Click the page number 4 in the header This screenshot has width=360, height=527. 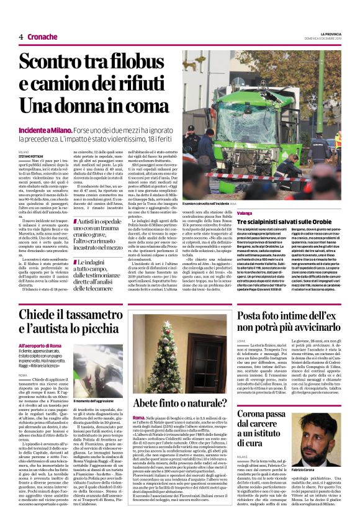(21, 36)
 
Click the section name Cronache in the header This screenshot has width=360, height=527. (42, 36)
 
